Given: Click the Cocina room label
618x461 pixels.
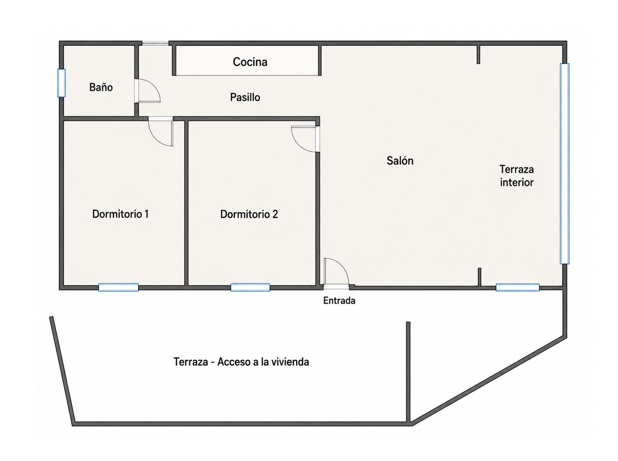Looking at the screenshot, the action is pos(250,62).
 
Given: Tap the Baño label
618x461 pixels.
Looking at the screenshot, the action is pos(101,87).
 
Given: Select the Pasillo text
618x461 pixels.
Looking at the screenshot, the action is pos(245,97).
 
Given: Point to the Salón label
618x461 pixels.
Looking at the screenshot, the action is pos(400,161).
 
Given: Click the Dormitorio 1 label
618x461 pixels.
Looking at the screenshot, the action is pos(120,214).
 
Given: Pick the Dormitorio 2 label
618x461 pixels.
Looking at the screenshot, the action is pos(249,215).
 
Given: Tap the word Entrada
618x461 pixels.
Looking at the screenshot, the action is pos(339,301).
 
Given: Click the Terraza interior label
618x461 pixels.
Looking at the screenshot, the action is pos(517,176).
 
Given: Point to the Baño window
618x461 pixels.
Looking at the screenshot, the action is pos(62,83).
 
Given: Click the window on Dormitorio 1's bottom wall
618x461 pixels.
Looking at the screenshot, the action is pos(118,287).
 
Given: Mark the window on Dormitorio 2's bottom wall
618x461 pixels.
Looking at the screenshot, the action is pos(250,287).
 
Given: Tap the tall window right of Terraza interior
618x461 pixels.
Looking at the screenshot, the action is pos(564,164).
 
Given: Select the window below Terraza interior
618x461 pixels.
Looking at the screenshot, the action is pos(517,287).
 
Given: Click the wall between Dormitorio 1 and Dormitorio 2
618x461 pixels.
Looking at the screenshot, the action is pos(186,203).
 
